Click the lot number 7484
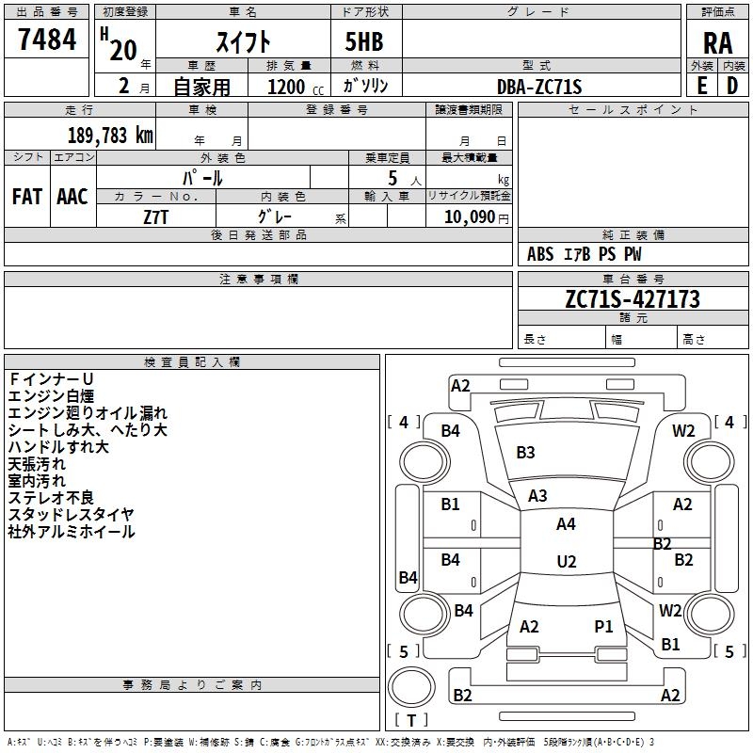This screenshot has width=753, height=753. point(47,40)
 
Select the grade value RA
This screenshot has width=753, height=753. point(717,43)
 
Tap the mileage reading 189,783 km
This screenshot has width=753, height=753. point(110,135)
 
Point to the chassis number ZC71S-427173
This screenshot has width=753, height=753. point(633,299)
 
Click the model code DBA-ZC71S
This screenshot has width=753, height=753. point(539,87)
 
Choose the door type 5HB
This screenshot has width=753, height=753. point(364,41)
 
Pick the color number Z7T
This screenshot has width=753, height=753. point(155,217)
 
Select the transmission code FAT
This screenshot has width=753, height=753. point(27,197)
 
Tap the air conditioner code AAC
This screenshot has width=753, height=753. point(72,197)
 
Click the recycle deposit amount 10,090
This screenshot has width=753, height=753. point(470,217)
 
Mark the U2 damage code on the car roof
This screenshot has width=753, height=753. point(567,561)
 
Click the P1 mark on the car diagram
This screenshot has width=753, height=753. point(603,626)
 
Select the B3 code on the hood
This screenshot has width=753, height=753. point(525,453)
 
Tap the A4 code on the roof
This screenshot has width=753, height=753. point(566,524)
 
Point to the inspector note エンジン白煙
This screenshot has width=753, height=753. point(51,396)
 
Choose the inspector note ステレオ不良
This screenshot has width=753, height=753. point(51,498)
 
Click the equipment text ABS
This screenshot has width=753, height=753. point(540,254)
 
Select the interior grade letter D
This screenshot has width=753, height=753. point(732,86)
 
